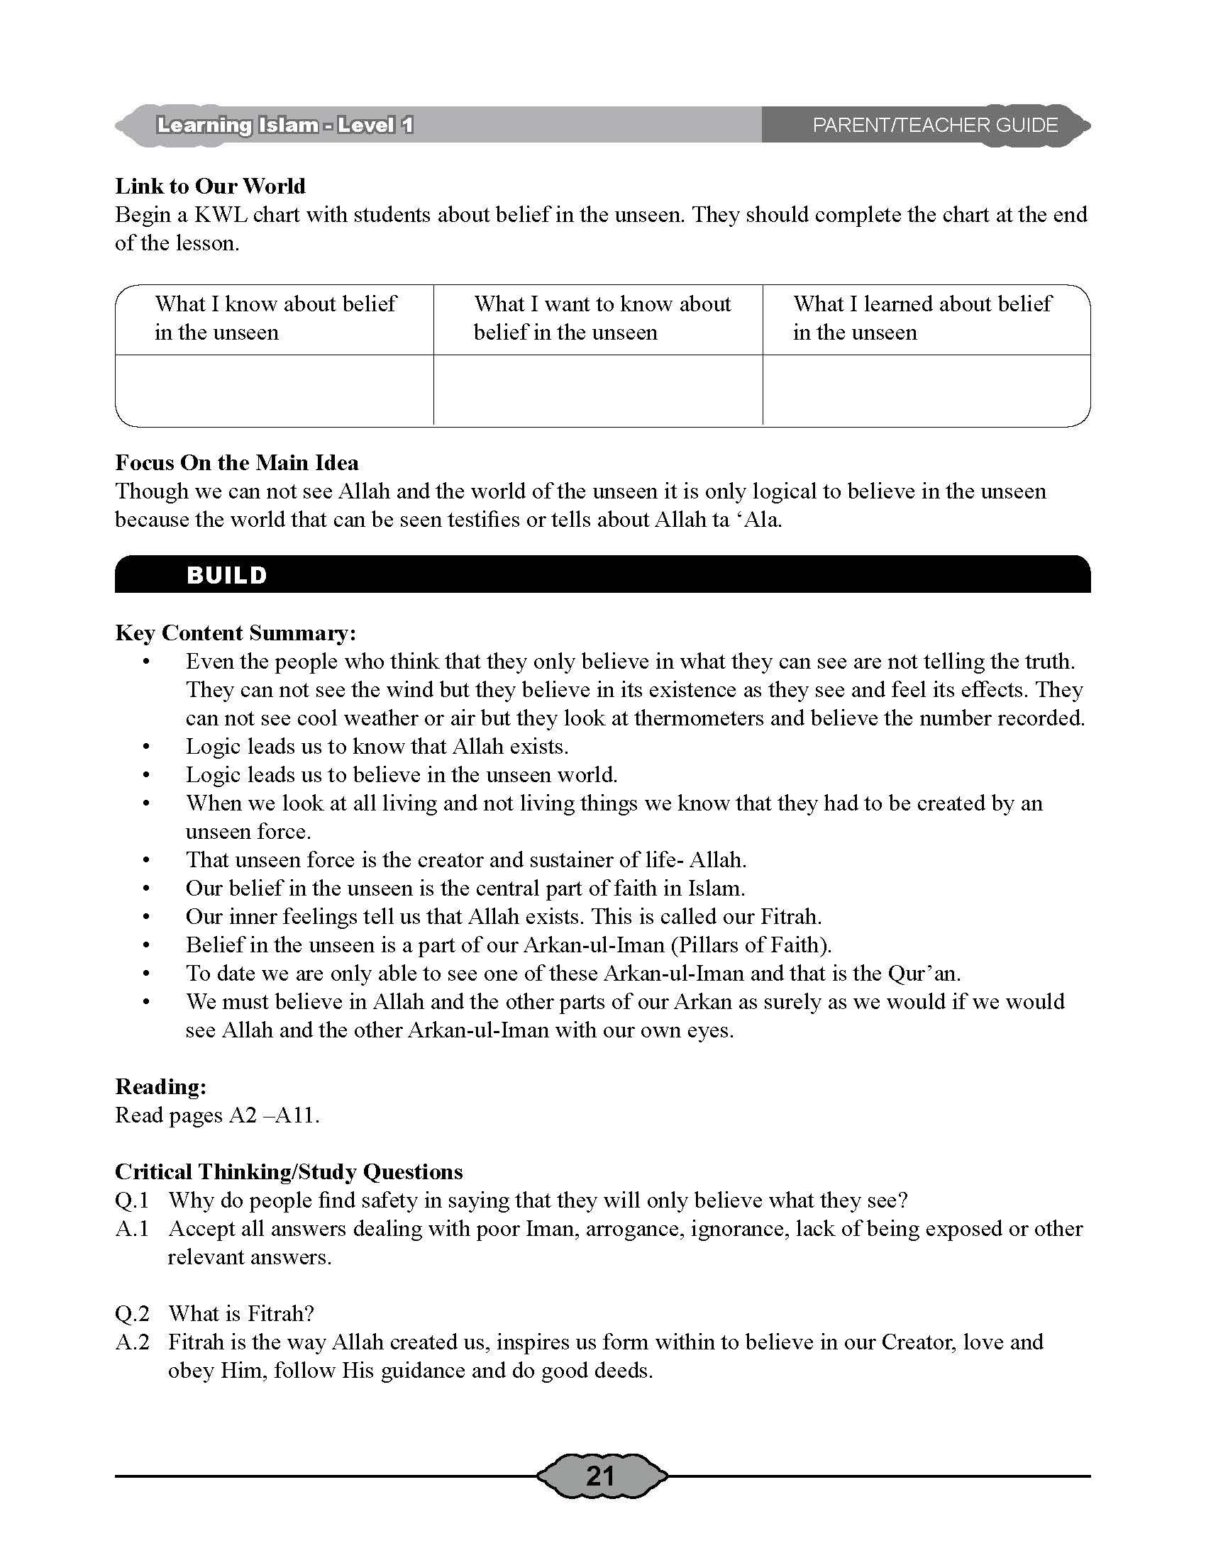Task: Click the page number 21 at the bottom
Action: (600, 1476)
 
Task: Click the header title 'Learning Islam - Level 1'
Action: (285, 126)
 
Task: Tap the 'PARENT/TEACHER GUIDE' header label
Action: (934, 126)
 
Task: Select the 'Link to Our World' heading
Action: (210, 186)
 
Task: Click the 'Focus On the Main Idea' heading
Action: (236, 463)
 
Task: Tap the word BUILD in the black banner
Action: (226, 576)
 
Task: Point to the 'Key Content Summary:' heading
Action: (235, 633)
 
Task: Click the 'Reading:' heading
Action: (161, 1087)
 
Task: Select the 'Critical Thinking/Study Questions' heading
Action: (289, 1172)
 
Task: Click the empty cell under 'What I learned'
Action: (926, 390)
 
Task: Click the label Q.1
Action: (132, 1200)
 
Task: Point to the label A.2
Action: (132, 1342)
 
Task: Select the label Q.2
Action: (132, 1313)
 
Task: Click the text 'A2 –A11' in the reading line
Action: (272, 1115)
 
